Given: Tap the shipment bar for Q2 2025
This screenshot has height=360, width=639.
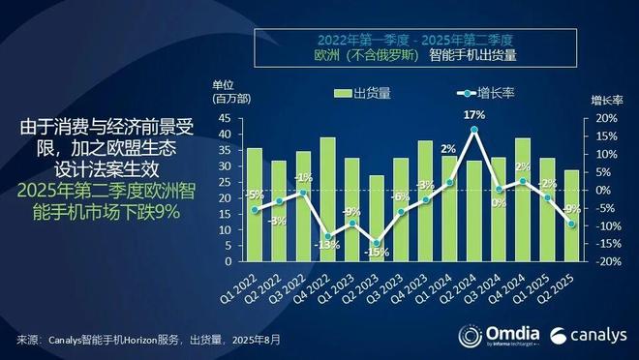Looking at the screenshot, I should click(571, 216).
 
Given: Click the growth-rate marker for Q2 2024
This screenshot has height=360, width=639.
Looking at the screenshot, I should click(473, 129).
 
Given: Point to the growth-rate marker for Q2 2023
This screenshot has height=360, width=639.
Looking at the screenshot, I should click(377, 243).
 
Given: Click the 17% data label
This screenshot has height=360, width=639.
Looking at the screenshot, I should click(473, 115).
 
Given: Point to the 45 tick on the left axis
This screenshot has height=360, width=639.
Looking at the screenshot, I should click(224, 118).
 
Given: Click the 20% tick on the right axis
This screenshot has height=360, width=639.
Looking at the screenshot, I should click(599, 118).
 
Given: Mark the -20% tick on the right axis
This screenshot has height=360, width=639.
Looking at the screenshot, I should click(599, 262).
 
